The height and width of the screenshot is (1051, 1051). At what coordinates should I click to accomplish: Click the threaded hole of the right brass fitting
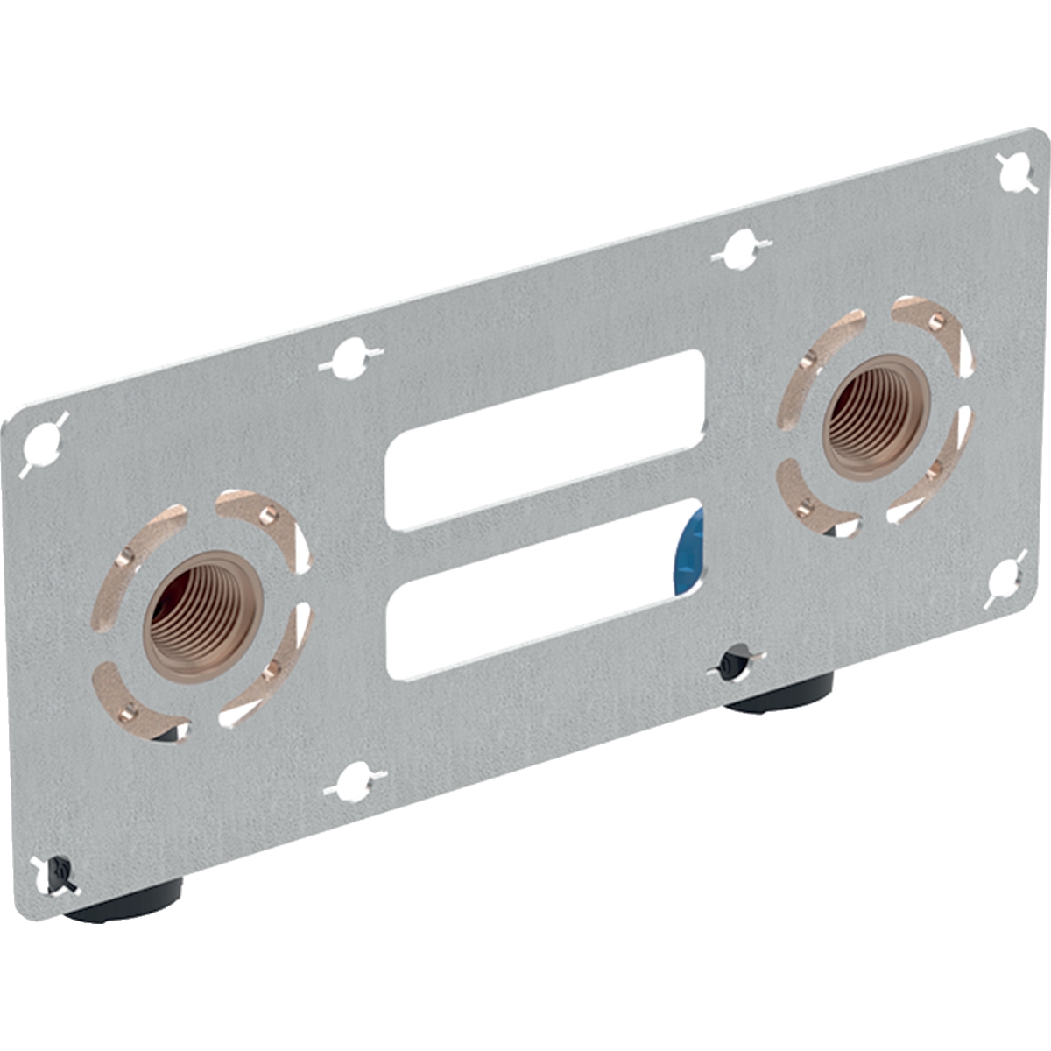pyautogui.click(x=871, y=416)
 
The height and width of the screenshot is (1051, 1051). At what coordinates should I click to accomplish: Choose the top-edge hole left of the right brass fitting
pyautogui.click(x=741, y=250)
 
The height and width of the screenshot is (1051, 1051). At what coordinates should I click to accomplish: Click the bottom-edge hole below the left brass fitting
pyautogui.click(x=355, y=781)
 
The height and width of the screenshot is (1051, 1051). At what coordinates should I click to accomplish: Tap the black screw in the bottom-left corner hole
pyautogui.click(x=58, y=871)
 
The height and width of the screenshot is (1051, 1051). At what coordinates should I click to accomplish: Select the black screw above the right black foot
pyautogui.click(x=733, y=663)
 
